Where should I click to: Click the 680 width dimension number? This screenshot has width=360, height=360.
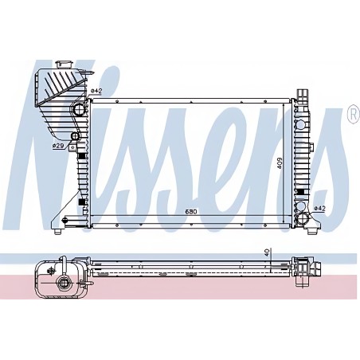[x=191, y=212]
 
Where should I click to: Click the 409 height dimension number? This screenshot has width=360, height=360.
[x=280, y=163]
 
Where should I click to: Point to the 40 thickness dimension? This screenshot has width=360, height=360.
[x=268, y=251]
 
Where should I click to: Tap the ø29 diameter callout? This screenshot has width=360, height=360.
[x=57, y=146]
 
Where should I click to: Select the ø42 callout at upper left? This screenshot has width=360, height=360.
[x=96, y=91]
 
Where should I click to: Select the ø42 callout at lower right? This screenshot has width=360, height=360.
[x=319, y=209]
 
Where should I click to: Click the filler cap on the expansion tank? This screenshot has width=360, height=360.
[x=64, y=65]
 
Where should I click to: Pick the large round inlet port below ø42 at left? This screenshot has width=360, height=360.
[x=79, y=110]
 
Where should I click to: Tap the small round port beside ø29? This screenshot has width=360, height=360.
[x=75, y=136]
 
